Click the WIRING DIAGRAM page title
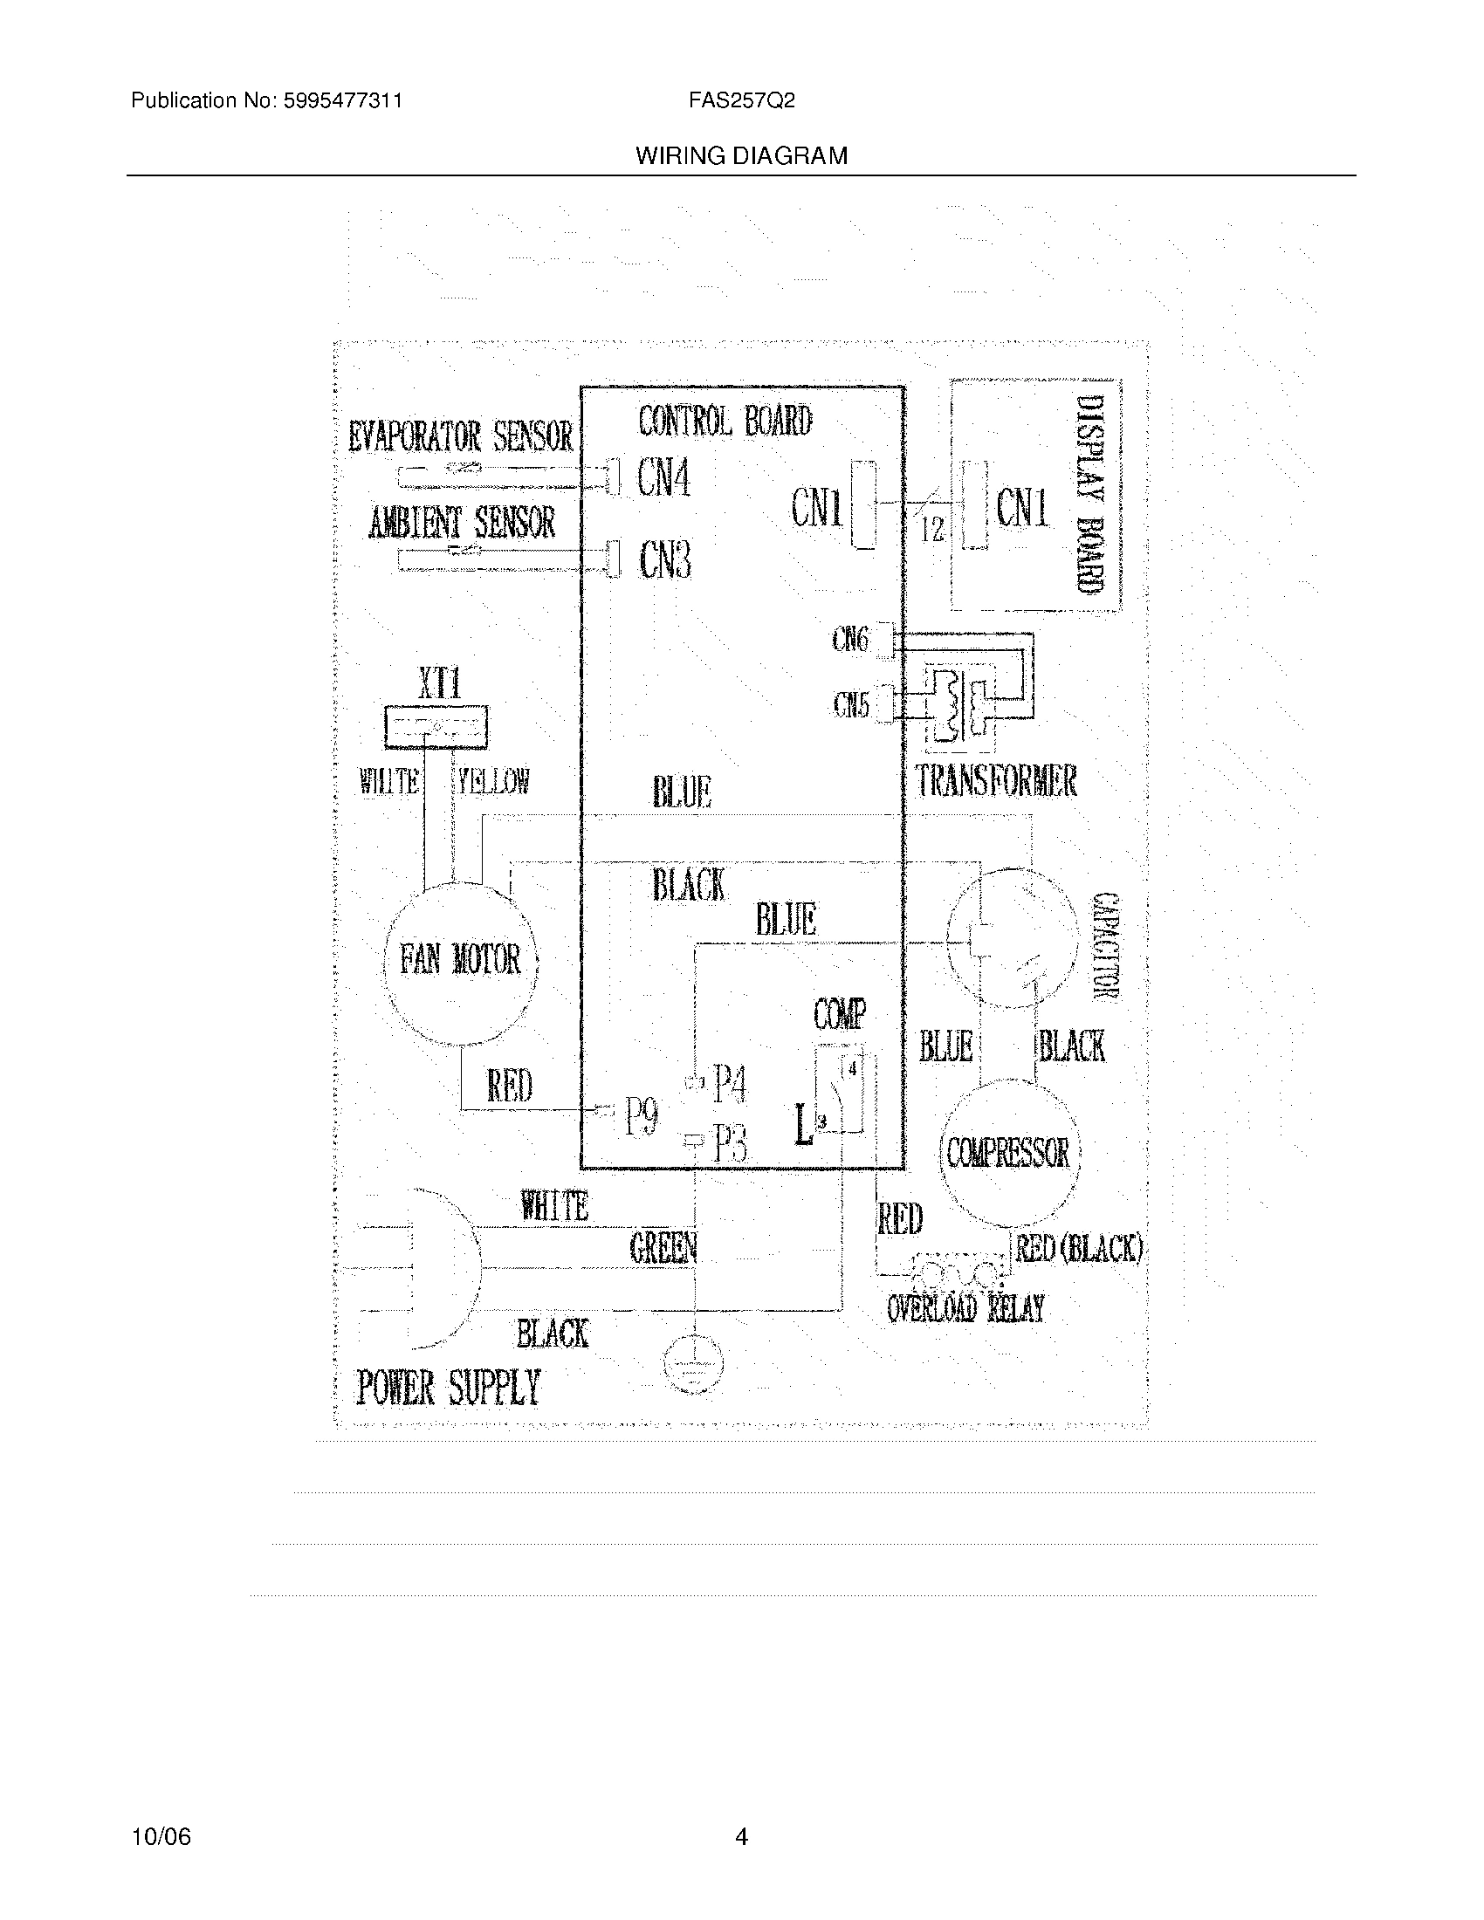pyautogui.click(x=741, y=156)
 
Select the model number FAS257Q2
pyautogui.click(x=741, y=101)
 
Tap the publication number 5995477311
pyautogui.click(x=342, y=101)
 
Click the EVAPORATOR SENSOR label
pyautogui.click(x=460, y=437)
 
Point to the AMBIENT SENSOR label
pyautogui.click(x=462, y=524)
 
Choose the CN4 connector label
pyautogui.click(x=663, y=479)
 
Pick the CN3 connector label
pyautogui.click(x=665, y=560)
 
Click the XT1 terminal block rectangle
pyautogui.click(x=437, y=727)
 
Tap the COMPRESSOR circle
pyautogui.click(x=1008, y=1153)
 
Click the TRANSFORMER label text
pyautogui.click(x=996, y=782)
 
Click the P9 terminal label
pyautogui.click(x=642, y=1118)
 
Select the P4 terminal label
pyautogui.click(x=730, y=1083)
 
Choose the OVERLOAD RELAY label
pyautogui.click(x=965, y=1309)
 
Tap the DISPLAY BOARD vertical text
pyautogui.click(x=1090, y=495)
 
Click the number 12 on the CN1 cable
pyautogui.click(x=932, y=528)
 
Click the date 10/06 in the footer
pyautogui.click(x=161, y=1837)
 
